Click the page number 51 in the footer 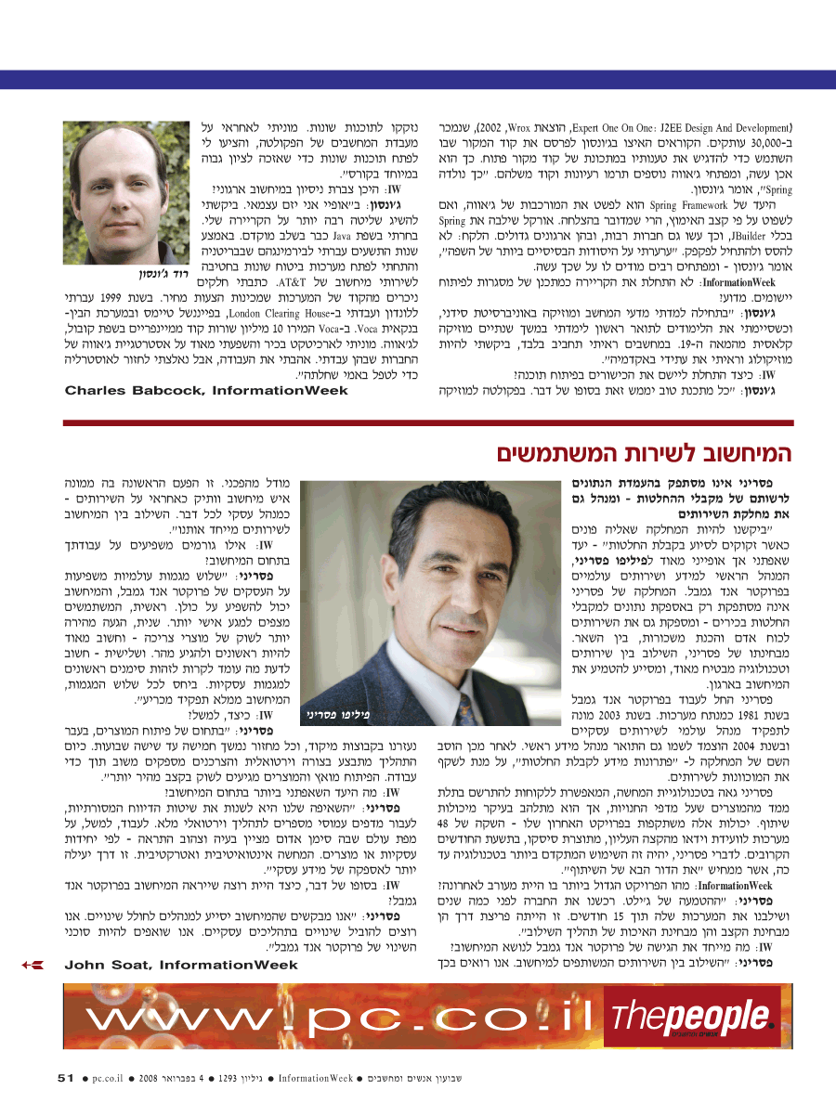click(65, 1078)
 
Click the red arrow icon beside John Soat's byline click(32, 965)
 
